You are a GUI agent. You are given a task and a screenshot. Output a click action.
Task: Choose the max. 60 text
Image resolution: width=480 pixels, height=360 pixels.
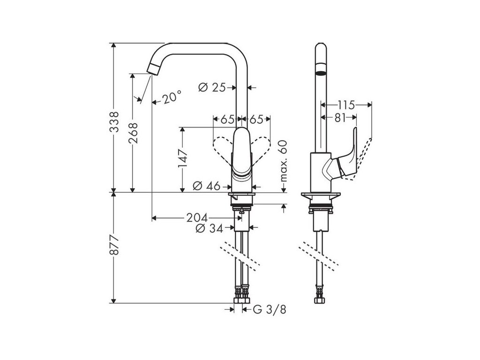283,161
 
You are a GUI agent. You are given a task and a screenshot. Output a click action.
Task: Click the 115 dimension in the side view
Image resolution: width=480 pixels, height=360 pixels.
346,104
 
